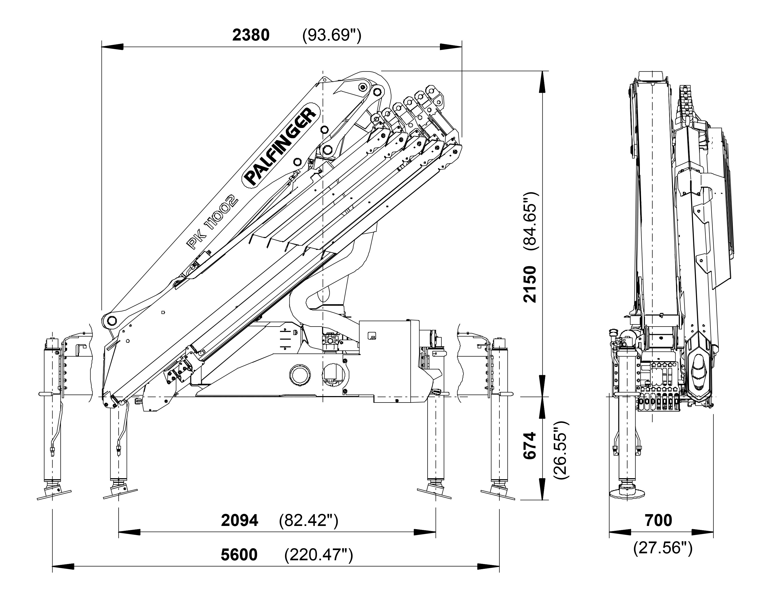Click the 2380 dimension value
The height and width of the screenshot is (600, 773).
[x=251, y=35]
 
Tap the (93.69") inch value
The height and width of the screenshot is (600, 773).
[x=332, y=35]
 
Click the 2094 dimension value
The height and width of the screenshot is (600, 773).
[x=240, y=520]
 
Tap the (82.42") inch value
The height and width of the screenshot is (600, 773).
[x=308, y=520]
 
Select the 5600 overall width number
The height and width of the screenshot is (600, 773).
[x=239, y=555]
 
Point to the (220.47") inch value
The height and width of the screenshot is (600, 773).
[x=319, y=555]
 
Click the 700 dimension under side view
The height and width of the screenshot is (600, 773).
[x=658, y=520]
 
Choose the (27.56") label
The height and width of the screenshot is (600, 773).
[x=663, y=548]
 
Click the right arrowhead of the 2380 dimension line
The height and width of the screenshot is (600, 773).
[x=451, y=47]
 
